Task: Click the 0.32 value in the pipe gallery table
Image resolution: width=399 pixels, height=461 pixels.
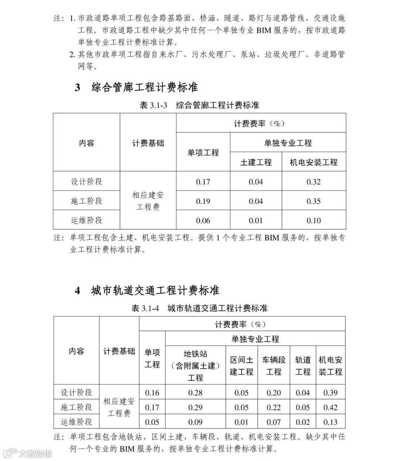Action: click(x=314, y=182)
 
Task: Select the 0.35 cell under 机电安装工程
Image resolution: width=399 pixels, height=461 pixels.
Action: click(x=314, y=201)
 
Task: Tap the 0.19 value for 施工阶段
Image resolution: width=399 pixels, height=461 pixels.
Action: click(x=203, y=201)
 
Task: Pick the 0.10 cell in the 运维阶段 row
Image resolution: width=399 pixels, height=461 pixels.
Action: click(x=314, y=221)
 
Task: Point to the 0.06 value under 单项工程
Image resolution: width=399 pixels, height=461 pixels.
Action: click(x=203, y=221)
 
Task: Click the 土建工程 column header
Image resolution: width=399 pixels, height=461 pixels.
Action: click(x=256, y=162)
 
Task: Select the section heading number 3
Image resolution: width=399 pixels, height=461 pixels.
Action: click(x=78, y=88)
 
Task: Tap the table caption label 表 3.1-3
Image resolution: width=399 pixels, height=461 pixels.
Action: click(x=154, y=105)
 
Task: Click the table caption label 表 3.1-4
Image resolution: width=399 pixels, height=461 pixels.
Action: click(x=145, y=308)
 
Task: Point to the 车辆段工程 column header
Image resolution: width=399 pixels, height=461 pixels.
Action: click(x=274, y=366)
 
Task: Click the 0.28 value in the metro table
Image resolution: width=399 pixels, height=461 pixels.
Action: click(x=195, y=393)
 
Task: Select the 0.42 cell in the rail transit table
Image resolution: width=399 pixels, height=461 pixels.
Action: click(x=330, y=407)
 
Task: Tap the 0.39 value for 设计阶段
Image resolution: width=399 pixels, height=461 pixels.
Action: click(x=330, y=393)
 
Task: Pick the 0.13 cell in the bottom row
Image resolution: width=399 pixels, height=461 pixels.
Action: click(x=330, y=422)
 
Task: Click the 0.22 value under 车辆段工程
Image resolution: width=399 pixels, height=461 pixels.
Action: click(x=274, y=407)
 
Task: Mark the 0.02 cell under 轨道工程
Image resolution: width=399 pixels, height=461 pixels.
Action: click(x=303, y=422)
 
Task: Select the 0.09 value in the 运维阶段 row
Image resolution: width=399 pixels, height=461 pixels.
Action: click(x=195, y=422)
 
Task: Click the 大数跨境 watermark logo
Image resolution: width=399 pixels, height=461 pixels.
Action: click(x=27, y=453)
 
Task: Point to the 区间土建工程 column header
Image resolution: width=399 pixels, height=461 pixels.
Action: click(x=242, y=366)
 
